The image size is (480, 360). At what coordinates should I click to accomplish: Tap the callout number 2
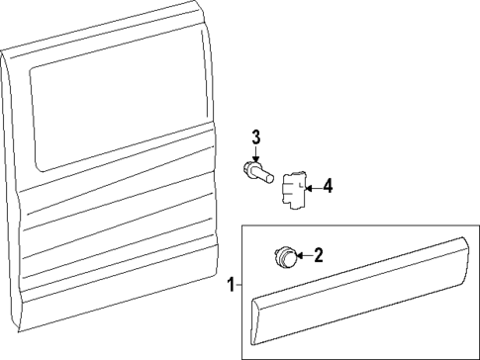coord(319,256)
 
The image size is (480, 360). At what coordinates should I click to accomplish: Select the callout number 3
coord(254,135)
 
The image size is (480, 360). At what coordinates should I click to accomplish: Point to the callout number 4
coord(328,184)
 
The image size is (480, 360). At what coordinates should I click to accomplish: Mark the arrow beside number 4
coord(311,184)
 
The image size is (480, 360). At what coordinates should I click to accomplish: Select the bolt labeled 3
coord(260,174)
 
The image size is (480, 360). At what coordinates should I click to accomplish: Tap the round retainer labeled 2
coord(285,258)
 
